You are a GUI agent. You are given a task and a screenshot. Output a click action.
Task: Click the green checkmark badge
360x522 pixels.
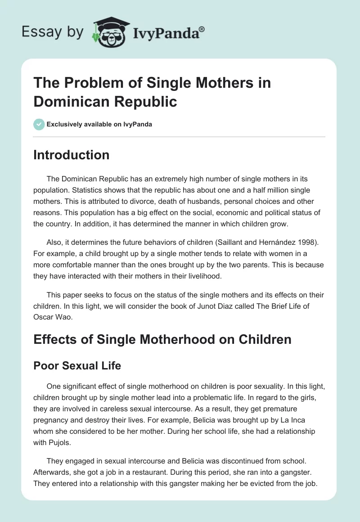[x=39, y=124]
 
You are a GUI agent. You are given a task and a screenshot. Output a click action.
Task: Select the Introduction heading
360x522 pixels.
[x=71, y=155]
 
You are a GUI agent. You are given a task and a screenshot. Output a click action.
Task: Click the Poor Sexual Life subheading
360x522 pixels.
[x=77, y=365]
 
